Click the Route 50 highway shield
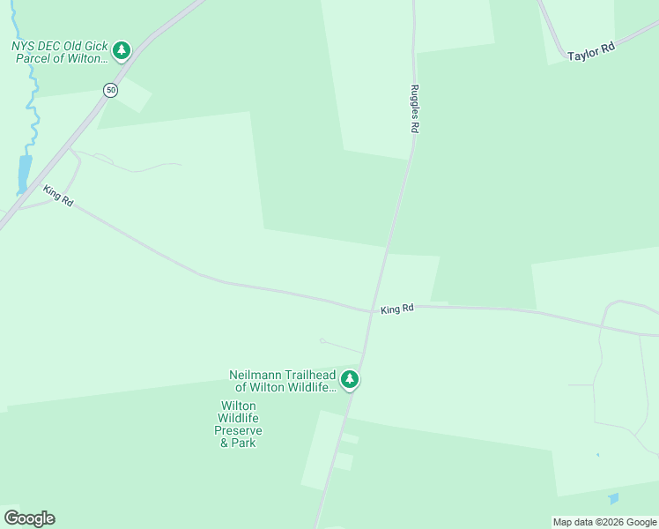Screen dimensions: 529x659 click(110, 90)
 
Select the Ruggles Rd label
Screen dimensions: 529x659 click(413, 108)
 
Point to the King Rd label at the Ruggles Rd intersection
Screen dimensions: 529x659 click(397, 309)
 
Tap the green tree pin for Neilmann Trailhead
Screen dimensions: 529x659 click(350, 379)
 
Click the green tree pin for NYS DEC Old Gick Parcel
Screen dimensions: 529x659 click(122, 50)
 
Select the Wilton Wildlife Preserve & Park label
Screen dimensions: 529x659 click(238, 424)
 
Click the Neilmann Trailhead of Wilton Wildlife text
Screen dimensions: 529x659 click(284, 381)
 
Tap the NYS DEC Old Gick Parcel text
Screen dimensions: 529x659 click(58, 52)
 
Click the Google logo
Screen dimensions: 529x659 click(29, 518)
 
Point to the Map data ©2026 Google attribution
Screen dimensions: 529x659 click(604, 522)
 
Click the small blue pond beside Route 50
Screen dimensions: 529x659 click(24, 174)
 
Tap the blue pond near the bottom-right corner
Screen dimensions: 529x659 click(613, 499)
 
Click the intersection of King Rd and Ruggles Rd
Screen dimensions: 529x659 click(371, 310)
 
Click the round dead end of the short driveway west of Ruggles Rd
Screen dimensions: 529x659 click(322, 340)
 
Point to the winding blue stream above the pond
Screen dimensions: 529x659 click(33, 106)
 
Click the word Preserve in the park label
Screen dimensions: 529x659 click(238, 430)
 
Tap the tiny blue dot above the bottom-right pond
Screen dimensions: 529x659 click(597, 455)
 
